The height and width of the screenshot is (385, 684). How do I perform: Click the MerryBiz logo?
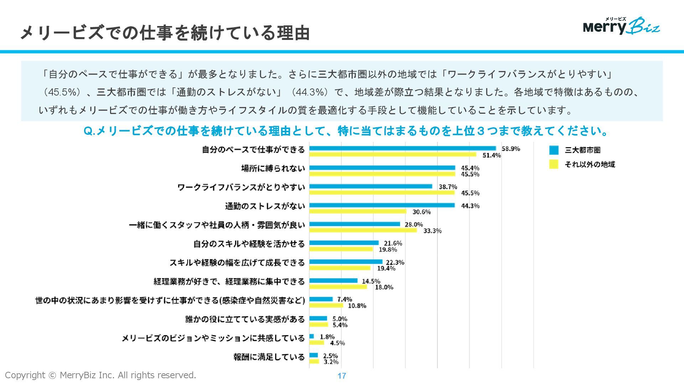click(x=621, y=26)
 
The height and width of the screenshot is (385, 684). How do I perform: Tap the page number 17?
click(x=342, y=376)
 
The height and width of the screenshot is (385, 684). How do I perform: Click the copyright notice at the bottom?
click(x=100, y=375)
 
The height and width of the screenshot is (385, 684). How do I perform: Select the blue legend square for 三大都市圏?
click(x=554, y=150)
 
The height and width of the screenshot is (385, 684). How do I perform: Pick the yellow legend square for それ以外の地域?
click(x=554, y=164)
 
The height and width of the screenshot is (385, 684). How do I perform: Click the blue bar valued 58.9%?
click(x=403, y=148)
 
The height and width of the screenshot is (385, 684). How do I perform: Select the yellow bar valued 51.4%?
click(x=393, y=154)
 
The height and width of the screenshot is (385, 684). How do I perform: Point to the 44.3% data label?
click(x=470, y=206)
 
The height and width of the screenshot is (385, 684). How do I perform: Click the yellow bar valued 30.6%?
click(x=358, y=211)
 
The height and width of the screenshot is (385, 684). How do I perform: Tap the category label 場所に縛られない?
click(x=273, y=168)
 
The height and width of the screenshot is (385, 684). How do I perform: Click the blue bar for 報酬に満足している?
click(x=313, y=355)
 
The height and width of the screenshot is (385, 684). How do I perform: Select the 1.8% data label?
click(x=327, y=337)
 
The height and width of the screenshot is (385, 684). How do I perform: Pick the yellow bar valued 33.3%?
click(x=363, y=230)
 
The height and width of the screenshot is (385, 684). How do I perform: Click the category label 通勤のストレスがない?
click(x=265, y=206)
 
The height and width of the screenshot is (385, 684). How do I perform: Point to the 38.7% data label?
click(x=448, y=186)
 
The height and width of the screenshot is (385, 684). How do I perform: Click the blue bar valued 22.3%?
click(x=346, y=262)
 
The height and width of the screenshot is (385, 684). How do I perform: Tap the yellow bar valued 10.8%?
click(x=326, y=305)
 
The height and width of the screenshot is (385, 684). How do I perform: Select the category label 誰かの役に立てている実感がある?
click(x=245, y=319)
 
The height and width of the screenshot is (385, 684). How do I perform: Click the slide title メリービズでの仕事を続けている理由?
click(x=165, y=33)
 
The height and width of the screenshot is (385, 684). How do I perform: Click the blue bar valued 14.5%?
click(x=333, y=281)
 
